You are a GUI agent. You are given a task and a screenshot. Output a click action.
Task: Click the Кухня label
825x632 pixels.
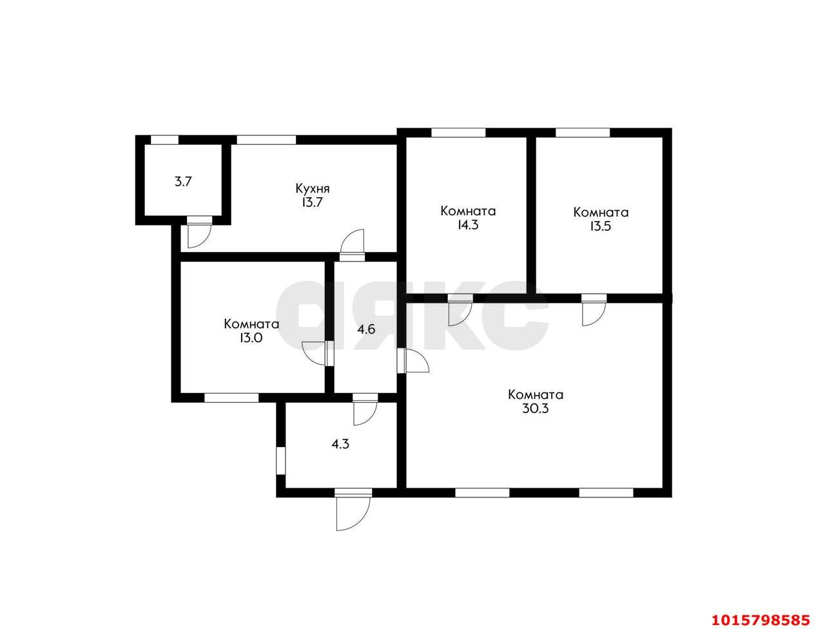313,188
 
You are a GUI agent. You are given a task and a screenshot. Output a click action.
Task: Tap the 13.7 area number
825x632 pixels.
312,202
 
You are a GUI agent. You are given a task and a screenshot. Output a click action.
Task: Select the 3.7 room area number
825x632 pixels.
182,182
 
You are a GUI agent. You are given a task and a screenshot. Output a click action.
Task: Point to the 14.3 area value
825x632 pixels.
468,225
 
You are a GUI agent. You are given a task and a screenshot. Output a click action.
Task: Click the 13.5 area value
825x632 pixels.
600,226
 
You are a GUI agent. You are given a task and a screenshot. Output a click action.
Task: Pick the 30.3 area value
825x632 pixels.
536,408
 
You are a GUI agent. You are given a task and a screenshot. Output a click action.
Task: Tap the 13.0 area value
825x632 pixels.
251,338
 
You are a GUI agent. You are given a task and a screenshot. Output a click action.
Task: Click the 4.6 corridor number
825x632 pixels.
366,329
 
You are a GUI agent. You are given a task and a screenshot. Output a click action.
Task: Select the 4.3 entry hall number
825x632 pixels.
340,444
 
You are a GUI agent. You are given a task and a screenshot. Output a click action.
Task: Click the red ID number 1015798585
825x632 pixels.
761,620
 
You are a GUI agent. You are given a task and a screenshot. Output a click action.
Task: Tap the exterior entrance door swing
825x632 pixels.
353,510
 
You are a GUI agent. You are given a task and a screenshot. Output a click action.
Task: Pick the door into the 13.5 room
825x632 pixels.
594,310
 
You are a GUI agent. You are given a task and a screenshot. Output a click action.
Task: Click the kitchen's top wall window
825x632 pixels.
266,140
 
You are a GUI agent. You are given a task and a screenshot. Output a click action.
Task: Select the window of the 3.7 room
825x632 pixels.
164,140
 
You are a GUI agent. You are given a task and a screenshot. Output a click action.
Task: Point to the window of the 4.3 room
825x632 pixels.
280,461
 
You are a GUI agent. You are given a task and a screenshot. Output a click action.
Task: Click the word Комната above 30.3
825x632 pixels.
536,394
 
